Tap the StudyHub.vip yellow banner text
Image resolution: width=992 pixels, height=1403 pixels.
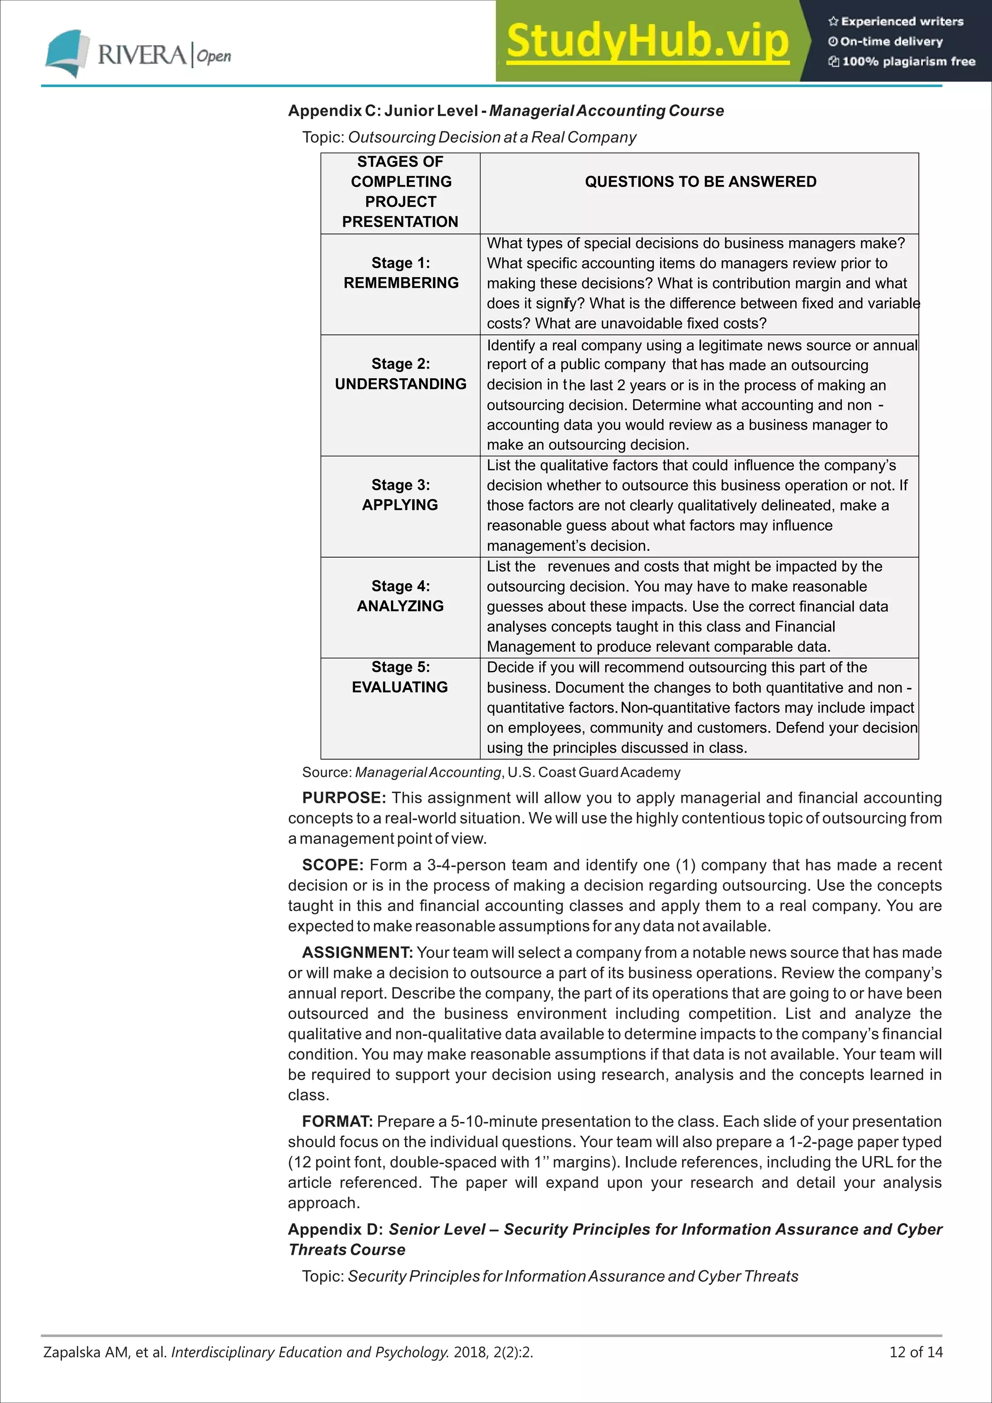pos(648,42)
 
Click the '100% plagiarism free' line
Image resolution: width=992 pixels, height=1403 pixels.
pos(901,62)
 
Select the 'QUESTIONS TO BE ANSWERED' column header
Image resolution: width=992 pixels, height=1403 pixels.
pos(700,182)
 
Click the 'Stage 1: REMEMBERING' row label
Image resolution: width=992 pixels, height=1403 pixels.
pos(401,273)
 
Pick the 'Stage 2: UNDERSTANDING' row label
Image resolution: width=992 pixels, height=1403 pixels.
pos(401,374)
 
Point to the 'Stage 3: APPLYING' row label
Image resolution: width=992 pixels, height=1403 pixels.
pos(400,495)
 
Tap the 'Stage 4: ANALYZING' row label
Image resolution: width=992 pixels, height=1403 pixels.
pos(401,596)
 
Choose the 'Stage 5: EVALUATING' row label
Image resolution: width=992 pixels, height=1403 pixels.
pos(400,677)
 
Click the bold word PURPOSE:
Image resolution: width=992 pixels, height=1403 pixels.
pos(344,798)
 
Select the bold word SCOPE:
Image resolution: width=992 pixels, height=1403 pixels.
pos(333,865)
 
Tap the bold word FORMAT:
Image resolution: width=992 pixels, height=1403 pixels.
pos(337,1122)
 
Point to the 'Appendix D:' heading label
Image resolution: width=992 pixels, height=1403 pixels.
pos(335,1230)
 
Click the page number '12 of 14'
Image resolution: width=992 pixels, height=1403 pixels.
pos(915,1352)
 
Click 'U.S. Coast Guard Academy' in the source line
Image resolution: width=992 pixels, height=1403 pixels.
pos(594,772)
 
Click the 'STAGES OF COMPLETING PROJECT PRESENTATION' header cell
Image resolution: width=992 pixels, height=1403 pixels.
pos(401,192)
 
